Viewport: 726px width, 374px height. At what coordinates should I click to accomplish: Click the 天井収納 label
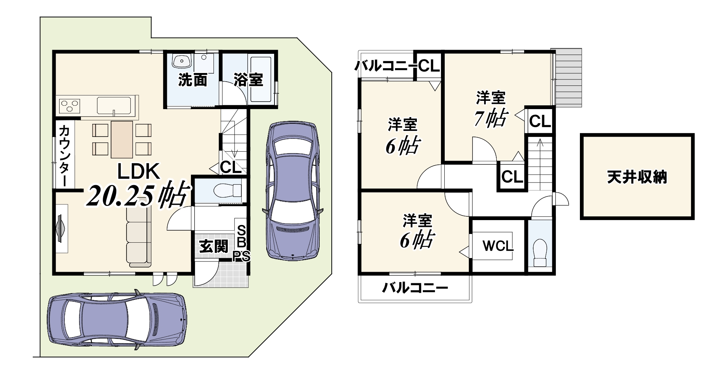point(637,176)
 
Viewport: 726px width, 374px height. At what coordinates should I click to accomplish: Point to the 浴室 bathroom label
point(248,79)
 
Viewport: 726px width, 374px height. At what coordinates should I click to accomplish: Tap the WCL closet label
point(498,246)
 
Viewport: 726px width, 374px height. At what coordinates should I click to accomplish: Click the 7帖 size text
point(491,118)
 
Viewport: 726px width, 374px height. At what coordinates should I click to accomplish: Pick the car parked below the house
point(118,322)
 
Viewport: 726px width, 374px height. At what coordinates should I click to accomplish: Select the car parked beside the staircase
point(292,190)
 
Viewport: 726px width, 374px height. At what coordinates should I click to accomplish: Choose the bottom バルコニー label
point(415,289)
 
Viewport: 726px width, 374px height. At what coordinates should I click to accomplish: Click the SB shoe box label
point(242,236)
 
